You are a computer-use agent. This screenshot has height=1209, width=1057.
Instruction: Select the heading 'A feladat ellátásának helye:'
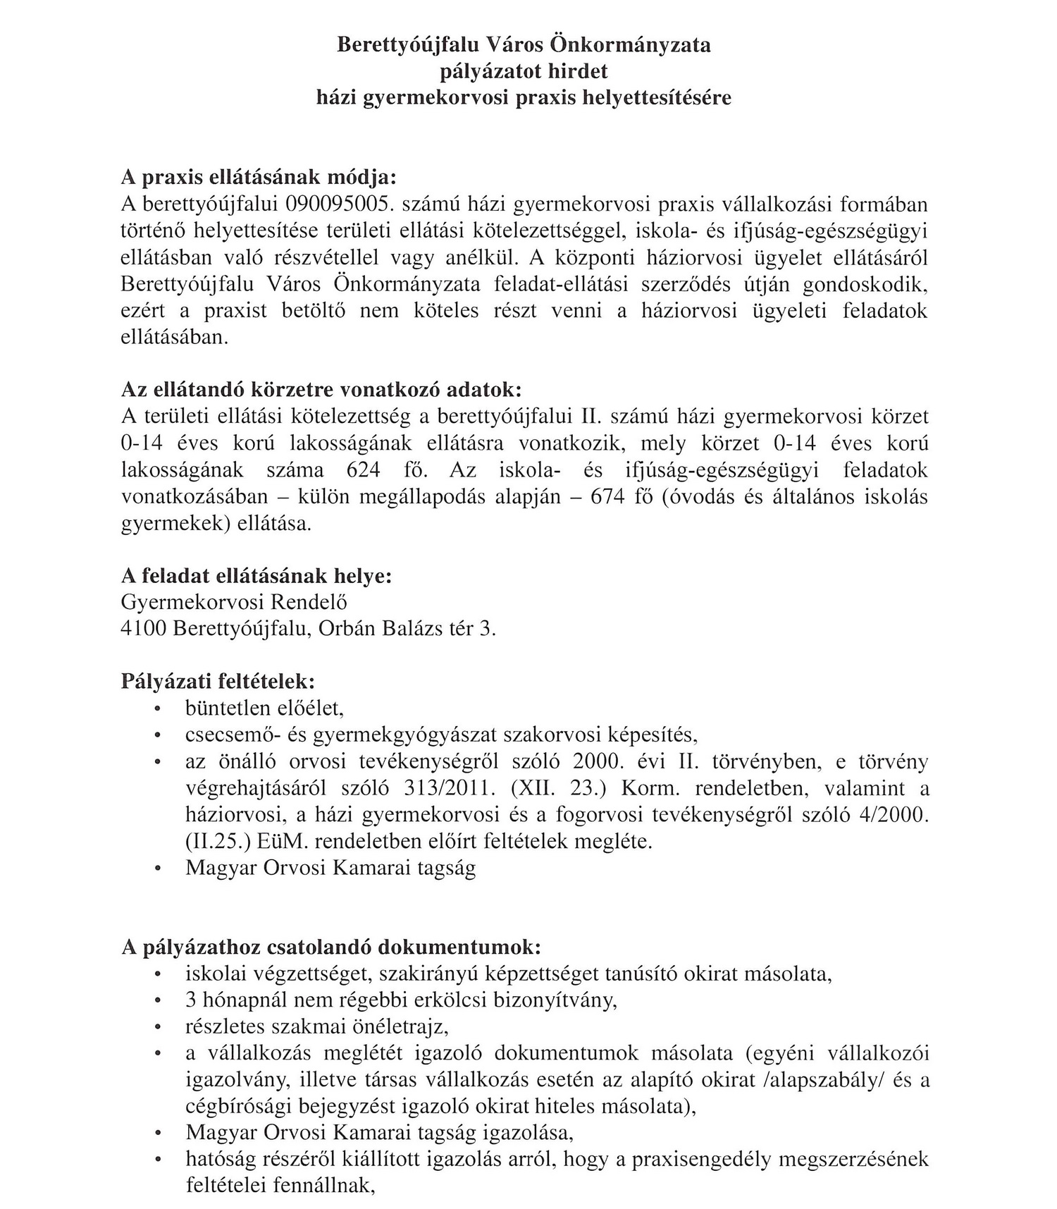(256, 576)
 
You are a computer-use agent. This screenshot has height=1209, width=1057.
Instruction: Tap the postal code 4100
(144, 629)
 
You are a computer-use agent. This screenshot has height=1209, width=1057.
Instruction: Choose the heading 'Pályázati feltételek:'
(218, 682)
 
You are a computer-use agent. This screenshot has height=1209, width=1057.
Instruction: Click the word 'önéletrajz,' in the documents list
(407, 1026)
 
